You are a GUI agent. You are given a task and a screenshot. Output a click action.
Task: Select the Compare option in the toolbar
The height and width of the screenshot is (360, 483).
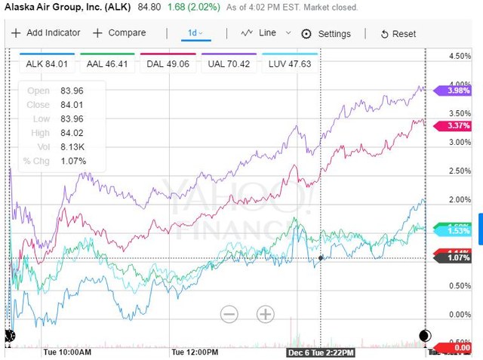[x=118, y=33]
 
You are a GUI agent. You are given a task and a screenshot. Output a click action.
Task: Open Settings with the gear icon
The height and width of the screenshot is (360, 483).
[x=326, y=34]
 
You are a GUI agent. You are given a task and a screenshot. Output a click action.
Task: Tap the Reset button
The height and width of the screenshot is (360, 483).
[x=398, y=34]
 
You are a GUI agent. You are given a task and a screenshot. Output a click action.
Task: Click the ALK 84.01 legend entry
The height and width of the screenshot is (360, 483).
[x=47, y=64]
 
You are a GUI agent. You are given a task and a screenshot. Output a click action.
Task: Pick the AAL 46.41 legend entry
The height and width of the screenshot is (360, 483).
[x=108, y=64]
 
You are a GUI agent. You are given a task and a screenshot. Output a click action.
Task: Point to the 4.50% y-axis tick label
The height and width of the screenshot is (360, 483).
[x=460, y=57]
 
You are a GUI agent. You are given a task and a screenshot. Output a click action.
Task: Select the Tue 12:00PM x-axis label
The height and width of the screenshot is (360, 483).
[x=195, y=352]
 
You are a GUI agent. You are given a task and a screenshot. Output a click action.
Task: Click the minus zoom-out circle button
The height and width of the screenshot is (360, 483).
[x=229, y=313]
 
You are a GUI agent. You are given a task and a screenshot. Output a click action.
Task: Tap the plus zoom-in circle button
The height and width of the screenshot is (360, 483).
[x=265, y=313]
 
